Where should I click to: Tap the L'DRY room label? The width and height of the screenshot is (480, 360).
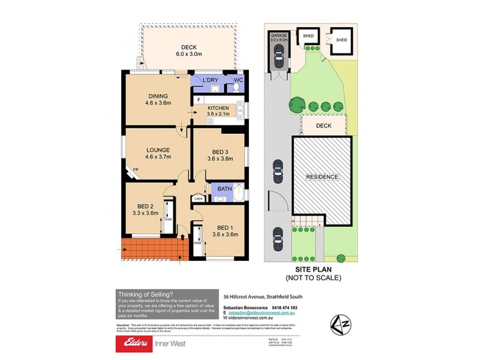click(x=210, y=80)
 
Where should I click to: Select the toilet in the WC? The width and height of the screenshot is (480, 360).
click(x=237, y=88)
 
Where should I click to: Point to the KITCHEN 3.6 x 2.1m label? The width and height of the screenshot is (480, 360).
click(x=218, y=111)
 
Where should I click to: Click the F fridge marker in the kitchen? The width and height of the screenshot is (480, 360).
click(x=198, y=98)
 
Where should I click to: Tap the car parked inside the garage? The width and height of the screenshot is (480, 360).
click(x=278, y=58)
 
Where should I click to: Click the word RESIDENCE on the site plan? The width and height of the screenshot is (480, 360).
click(x=322, y=177)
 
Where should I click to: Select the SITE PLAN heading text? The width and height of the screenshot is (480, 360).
click(x=312, y=270)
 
